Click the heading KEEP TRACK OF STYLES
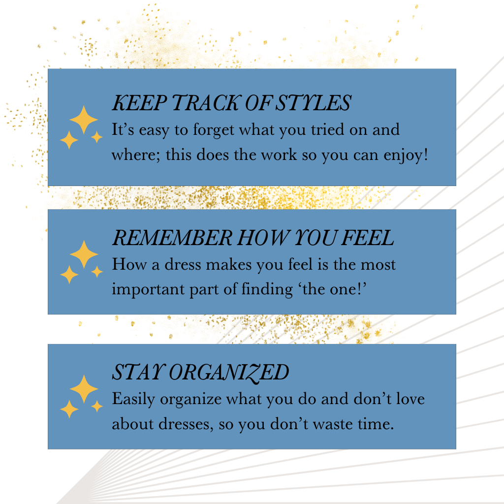231,103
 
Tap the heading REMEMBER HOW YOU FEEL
253,238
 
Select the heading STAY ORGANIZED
200,372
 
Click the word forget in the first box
214,130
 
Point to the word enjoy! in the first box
406,156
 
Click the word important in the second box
148,289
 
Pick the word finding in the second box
267,289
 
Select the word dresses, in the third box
186,424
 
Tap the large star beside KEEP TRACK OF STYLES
84,120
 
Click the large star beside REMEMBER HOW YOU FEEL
84,254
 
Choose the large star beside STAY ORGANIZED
84,389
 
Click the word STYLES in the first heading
314,103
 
